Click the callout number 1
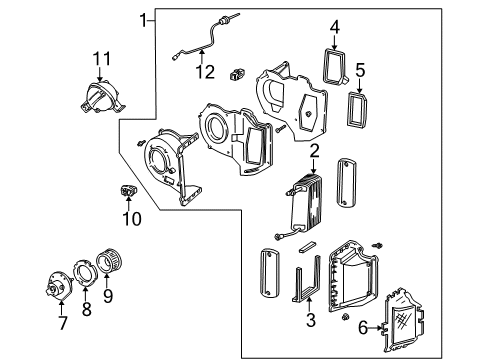144,18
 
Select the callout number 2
314,151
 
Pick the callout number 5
361,70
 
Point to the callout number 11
99,59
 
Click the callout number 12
205,71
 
